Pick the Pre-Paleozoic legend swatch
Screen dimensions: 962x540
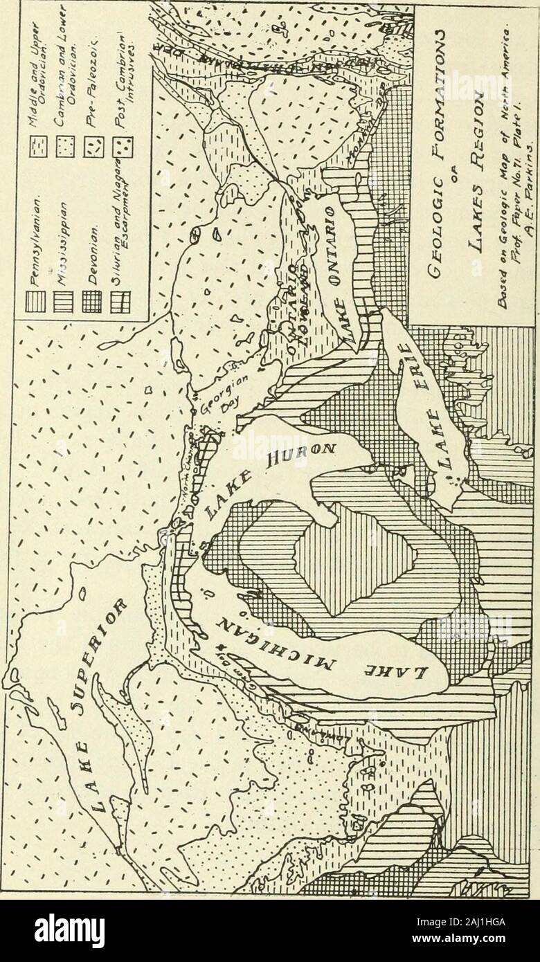click(x=96, y=140)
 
